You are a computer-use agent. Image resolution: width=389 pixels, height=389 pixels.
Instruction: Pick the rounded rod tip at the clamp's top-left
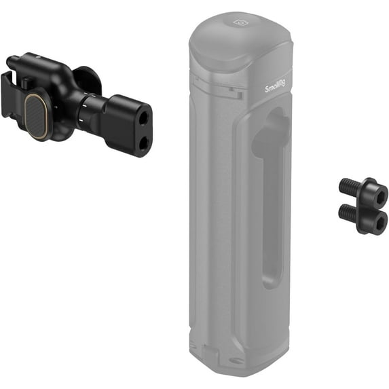click(x=11, y=62)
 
